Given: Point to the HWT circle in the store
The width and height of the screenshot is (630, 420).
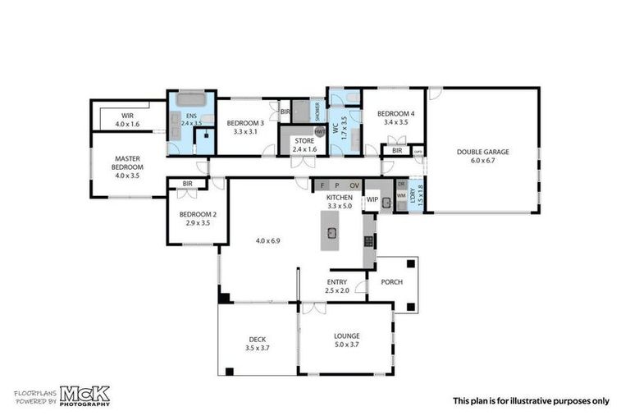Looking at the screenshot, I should tap(318, 131).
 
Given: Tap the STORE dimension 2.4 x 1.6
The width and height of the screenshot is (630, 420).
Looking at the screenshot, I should tap(304, 149).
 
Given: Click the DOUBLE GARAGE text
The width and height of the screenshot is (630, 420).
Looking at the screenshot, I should tap(483, 152).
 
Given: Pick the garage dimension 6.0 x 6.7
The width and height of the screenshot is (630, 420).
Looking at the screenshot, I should tap(483, 161).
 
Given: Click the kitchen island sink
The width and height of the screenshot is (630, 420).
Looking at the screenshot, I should tap(332, 232).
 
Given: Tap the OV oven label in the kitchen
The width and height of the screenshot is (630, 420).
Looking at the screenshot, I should tap(354, 186).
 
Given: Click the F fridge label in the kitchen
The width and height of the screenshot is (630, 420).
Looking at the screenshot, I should tap(322, 186).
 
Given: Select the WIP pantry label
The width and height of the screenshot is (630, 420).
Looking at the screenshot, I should tap(372, 199).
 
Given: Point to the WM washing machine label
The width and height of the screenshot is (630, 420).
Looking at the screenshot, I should tap(401, 195).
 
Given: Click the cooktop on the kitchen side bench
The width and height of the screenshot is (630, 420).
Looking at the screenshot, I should tap(368, 241).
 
